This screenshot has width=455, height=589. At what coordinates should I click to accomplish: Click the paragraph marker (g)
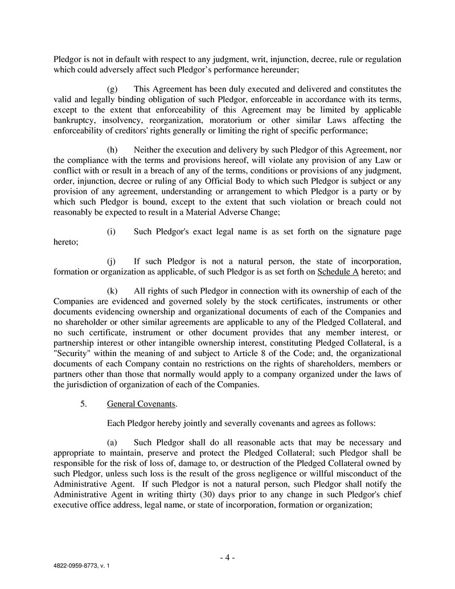[x=112, y=89]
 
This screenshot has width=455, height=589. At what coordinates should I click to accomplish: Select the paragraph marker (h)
[x=112, y=149]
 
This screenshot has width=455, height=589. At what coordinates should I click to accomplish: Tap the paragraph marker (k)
[x=112, y=291]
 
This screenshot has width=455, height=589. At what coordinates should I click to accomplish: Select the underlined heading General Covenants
[x=141, y=404]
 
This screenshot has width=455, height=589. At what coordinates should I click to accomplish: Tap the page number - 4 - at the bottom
[x=227, y=558]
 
